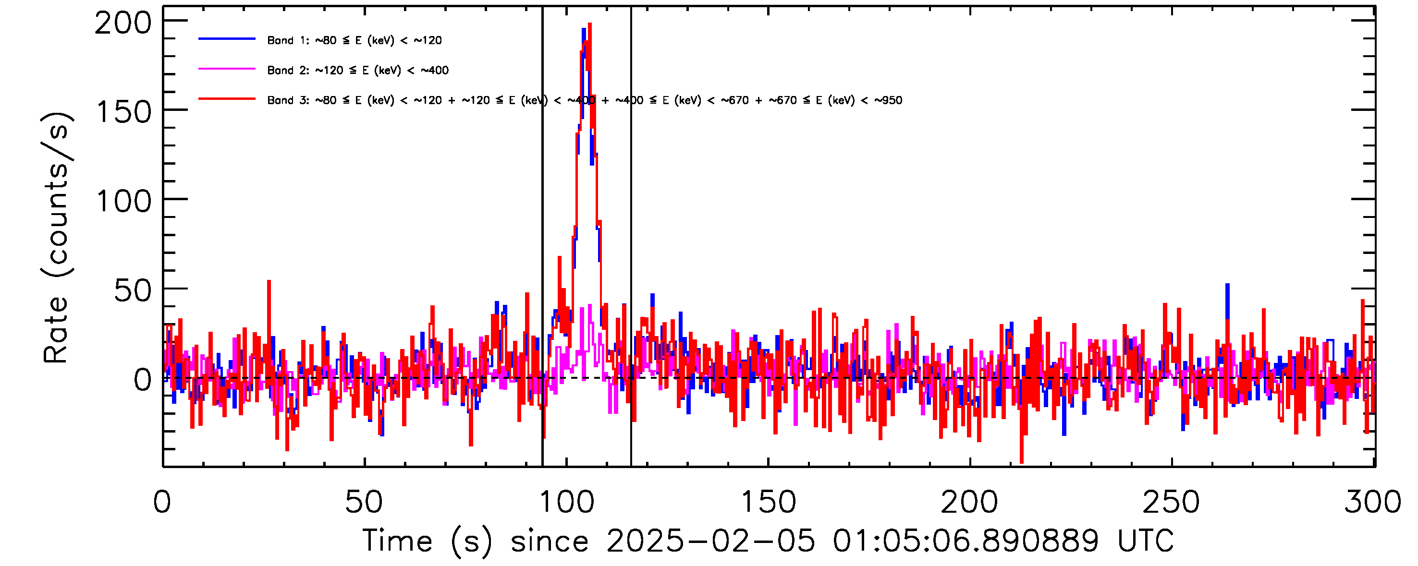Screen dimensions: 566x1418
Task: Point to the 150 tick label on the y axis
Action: (x=123, y=113)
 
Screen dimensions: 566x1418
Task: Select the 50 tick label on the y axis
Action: (x=132, y=291)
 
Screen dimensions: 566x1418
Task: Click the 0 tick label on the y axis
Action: (x=143, y=380)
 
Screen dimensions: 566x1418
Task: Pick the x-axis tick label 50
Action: (x=363, y=502)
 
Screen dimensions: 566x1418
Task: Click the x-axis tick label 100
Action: (x=566, y=502)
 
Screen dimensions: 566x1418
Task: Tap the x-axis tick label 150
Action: (x=769, y=502)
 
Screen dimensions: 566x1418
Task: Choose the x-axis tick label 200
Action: (x=969, y=502)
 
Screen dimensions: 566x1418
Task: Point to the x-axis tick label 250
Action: (x=1172, y=502)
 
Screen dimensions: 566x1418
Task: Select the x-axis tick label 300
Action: (x=1373, y=502)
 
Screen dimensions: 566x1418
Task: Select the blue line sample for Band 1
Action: (x=227, y=39)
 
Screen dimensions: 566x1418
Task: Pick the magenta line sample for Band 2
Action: (x=227, y=69)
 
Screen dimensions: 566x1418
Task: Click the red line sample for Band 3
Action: (x=227, y=99)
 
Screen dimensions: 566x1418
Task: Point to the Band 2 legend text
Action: (x=358, y=71)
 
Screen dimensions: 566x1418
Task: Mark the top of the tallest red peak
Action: (x=589, y=24)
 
